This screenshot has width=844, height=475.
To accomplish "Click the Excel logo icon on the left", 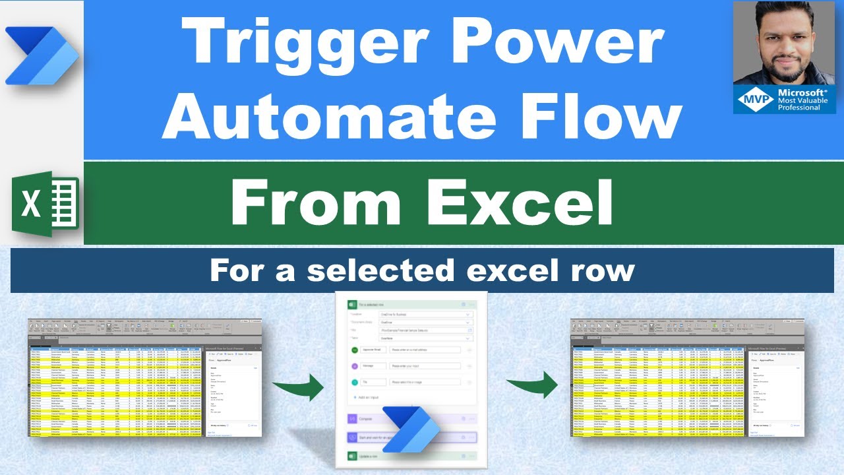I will point(45,203).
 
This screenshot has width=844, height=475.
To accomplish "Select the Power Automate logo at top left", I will point(42,56).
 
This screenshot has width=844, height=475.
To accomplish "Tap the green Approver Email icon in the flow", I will point(355,349).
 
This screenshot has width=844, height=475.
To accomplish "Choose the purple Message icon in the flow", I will point(355,365).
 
